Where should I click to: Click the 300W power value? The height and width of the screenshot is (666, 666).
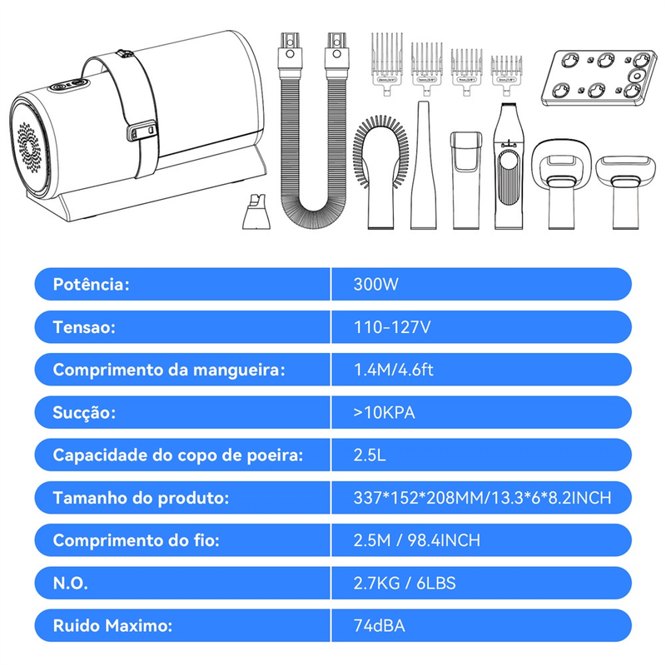pyautogui.click(x=376, y=284)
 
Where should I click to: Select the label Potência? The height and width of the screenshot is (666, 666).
pyautogui.click(x=91, y=284)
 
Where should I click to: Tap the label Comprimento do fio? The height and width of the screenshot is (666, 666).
pyautogui.click(x=136, y=540)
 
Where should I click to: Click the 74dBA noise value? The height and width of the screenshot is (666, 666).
pyautogui.click(x=379, y=626)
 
